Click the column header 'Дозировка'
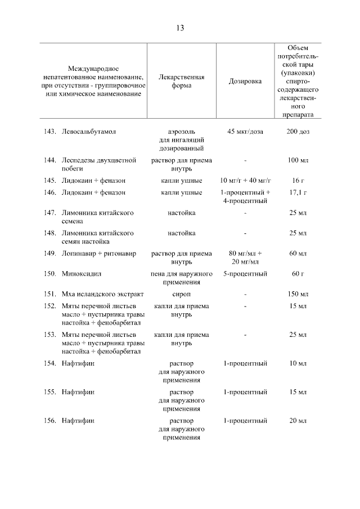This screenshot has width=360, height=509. (x=245, y=82)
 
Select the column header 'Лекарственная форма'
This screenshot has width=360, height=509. (x=181, y=82)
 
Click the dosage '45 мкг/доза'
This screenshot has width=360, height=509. (x=245, y=131)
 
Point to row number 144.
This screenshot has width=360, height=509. (x=51, y=160)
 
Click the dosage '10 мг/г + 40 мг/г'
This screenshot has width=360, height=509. (x=245, y=181)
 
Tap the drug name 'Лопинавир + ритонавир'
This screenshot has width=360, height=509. (x=98, y=254)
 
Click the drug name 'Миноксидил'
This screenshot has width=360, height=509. (x=82, y=274)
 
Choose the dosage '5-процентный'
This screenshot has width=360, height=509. (x=245, y=274)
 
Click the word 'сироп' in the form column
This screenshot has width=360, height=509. (x=181, y=294)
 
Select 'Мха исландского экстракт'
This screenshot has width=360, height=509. (x=102, y=294)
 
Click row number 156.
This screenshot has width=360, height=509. (x=51, y=420)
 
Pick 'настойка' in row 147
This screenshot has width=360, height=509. (x=181, y=213)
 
